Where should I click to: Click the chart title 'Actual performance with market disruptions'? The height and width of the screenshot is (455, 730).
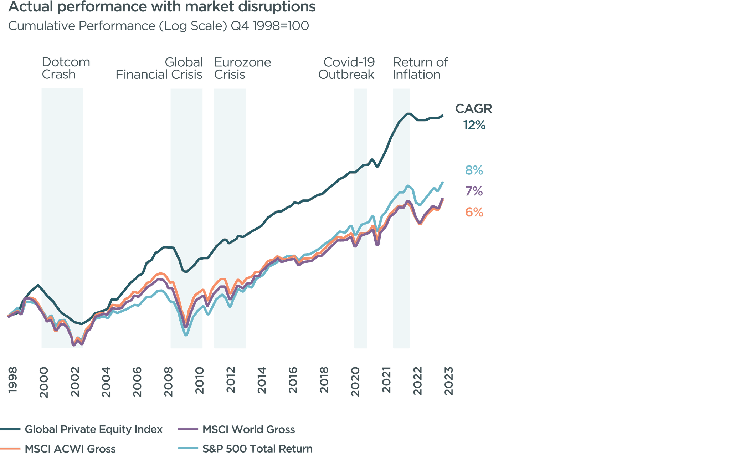pyautogui.click(x=161, y=7)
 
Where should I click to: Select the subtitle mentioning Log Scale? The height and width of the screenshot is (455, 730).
pyautogui.click(x=158, y=26)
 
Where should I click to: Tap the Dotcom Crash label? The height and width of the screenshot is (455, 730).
pyautogui.click(x=66, y=68)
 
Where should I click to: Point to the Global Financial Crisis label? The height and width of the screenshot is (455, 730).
pyautogui.click(x=159, y=68)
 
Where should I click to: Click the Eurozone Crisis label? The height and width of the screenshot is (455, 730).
pyautogui.click(x=242, y=68)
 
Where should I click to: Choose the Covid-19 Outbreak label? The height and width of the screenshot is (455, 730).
pyautogui.click(x=346, y=68)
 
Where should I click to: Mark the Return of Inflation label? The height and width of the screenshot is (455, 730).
pyautogui.click(x=420, y=68)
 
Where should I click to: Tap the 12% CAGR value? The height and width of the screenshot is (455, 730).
pyautogui.click(x=474, y=125)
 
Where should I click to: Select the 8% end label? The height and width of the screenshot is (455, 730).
pyautogui.click(x=474, y=170)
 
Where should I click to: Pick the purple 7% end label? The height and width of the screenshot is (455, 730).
pyautogui.click(x=474, y=191)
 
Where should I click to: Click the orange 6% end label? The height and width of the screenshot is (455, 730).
pyautogui.click(x=474, y=213)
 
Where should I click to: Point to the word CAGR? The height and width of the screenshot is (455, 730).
pyautogui.click(x=473, y=109)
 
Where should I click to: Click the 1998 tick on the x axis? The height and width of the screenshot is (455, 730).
pyautogui.click(x=12, y=380)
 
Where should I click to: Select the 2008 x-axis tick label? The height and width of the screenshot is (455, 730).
pyautogui.click(x=168, y=382)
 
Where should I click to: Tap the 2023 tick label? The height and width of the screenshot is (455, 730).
pyautogui.click(x=449, y=381)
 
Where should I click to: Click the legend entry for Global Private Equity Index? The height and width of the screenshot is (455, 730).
pyautogui.click(x=93, y=429)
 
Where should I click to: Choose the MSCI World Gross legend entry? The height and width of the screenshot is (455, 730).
pyautogui.click(x=248, y=429)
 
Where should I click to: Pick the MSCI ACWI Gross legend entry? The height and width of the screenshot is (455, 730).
pyautogui.click(x=70, y=449)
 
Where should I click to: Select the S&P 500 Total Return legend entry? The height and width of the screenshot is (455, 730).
pyautogui.click(x=257, y=449)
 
